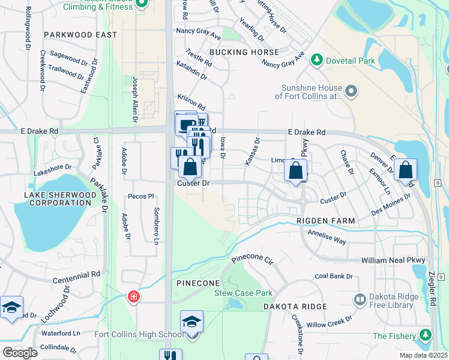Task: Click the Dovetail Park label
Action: pyautogui.click(x=350, y=61)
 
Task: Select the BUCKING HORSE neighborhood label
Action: pyautogui.click(x=244, y=52)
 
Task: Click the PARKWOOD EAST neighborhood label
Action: pyautogui.click(x=80, y=35)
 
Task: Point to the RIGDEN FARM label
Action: pyautogui.click(x=325, y=221)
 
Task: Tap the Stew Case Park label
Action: pyautogui.click(x=244, y=293)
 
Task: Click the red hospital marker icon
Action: pyautogui.click(x=134, y=296)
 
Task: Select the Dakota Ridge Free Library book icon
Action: pyautogui.click(x=360, y=298)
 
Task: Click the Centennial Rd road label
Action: pyautogui.click(x=76, y=275)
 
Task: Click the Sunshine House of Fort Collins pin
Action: pyautogui.click(x=352, y=91)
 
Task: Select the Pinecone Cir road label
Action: pyautogui.click(x=252, y=261)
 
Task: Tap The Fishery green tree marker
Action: pyautogui.click(x=426, y=335)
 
